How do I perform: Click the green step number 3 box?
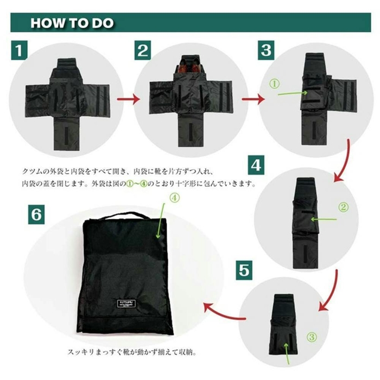point(265,51)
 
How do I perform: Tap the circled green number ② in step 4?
point(343,207)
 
